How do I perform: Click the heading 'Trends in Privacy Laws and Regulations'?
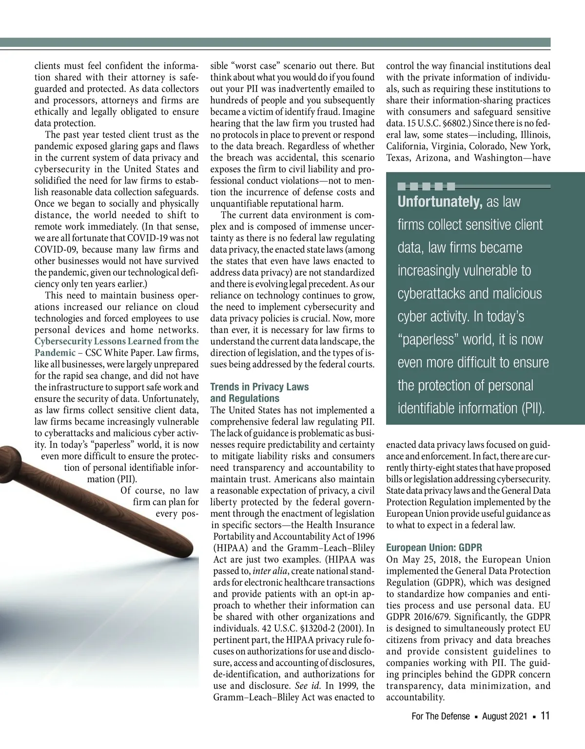tap(259, 393)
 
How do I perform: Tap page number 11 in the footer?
tap(545, 716)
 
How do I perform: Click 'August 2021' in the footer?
tap(505, 716)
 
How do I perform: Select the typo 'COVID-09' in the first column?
tap(54, 250)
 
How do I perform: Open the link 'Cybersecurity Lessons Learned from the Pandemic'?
tap(117, 342)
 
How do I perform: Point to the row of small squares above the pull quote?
tap(426, 186)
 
